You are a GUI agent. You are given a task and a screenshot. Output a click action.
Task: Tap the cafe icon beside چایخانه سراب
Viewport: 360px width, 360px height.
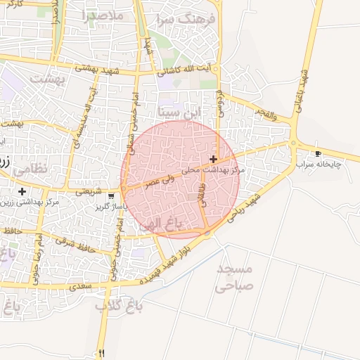318,153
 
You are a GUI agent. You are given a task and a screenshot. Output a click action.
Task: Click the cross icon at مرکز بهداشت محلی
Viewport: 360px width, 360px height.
213,160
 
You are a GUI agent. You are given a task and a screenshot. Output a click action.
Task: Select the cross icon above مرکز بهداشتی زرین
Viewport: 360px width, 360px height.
22,191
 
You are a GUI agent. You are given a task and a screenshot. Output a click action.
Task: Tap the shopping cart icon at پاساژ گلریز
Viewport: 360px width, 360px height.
111,196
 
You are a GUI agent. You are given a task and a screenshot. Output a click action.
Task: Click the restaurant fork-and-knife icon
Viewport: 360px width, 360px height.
103,353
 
